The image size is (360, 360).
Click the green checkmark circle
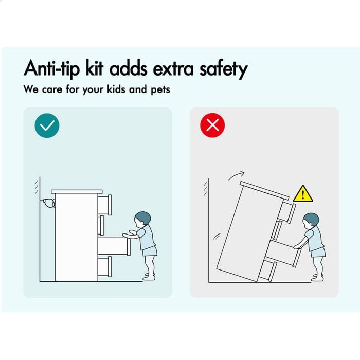point(47,125)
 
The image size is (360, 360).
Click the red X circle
point(212,125)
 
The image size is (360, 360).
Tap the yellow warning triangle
point(303,194)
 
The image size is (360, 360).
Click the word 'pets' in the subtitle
point(160,90)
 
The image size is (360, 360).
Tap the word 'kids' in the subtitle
point(116,89)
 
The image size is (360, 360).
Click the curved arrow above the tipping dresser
point(236,175)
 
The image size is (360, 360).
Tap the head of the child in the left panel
point(142,220)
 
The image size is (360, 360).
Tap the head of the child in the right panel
point(311,221)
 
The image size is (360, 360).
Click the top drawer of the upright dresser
point(105,205)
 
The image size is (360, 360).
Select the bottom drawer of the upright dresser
point(105,266)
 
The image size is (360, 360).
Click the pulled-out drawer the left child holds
point(114,246)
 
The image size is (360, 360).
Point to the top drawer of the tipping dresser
point(287,212)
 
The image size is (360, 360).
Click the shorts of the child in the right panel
point(318,253)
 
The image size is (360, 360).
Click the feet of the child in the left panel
point(150,277)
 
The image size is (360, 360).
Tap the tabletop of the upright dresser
point(77,192)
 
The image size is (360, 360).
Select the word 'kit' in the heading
point(94,68)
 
